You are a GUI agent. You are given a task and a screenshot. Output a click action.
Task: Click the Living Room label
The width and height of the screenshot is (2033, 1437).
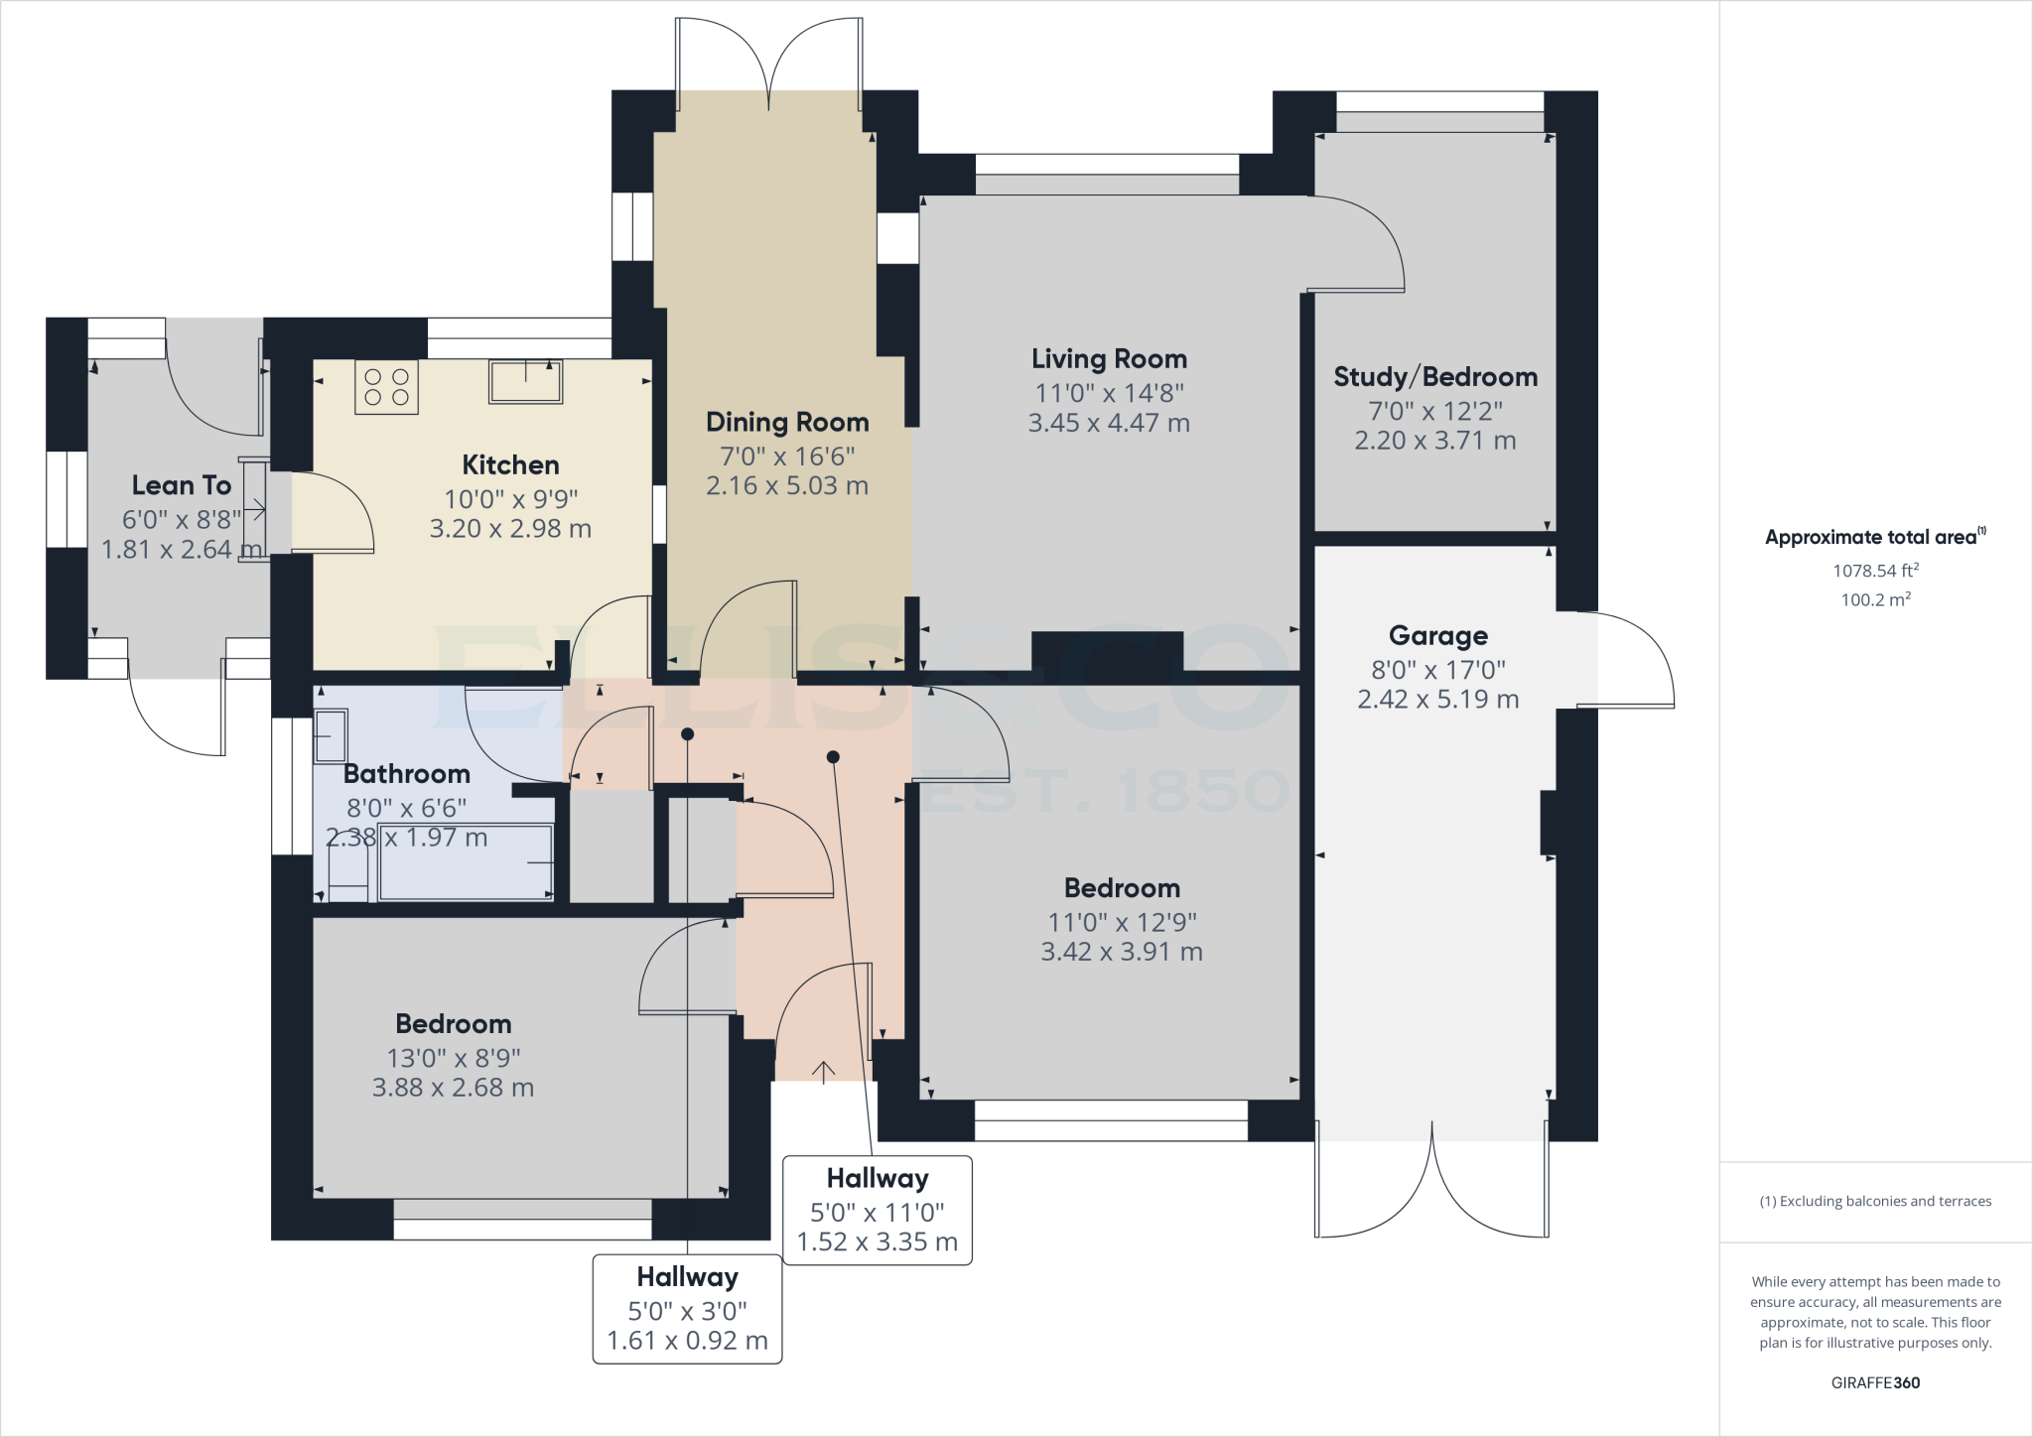coord(1109,359)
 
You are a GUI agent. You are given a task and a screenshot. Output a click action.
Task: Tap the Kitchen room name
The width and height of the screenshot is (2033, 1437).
coord(510,465)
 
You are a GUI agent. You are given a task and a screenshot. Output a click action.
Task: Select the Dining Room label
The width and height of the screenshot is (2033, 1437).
coord(787,423)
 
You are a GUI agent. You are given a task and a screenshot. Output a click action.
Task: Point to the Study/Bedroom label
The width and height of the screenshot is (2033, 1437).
coord(1435,377)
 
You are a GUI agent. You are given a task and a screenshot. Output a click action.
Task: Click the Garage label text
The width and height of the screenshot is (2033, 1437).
coord(1437,636)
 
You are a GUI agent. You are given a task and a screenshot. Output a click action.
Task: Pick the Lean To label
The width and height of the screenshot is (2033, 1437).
coord(182,485)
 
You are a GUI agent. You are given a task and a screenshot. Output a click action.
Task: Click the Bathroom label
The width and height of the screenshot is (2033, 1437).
coord(407,774)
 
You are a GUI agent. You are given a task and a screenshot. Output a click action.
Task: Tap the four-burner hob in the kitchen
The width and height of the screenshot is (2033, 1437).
coord(386,387)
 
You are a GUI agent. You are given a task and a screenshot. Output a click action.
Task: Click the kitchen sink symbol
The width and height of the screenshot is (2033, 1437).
coord(525,381)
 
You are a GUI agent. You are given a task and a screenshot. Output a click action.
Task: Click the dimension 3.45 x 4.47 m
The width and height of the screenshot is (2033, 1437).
coord(1109,424)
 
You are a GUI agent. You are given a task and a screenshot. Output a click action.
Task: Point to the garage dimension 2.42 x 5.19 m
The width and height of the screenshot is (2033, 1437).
coord(1438,700)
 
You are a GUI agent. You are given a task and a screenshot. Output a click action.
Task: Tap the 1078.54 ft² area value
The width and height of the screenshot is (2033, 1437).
coord(1875,571)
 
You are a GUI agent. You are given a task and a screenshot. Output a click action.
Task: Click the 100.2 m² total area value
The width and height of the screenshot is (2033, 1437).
coord(1875,599)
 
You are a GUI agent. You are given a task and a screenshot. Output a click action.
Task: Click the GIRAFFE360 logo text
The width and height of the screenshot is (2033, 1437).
coord(1875,1383)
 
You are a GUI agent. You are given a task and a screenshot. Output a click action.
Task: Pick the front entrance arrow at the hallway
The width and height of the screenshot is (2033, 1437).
coord(823,1071)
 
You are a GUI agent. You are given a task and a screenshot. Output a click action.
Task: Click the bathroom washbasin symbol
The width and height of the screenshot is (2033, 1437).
coord(331,735)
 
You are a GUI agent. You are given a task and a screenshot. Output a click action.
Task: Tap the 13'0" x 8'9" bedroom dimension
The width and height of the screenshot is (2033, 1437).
coord(454,1059)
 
